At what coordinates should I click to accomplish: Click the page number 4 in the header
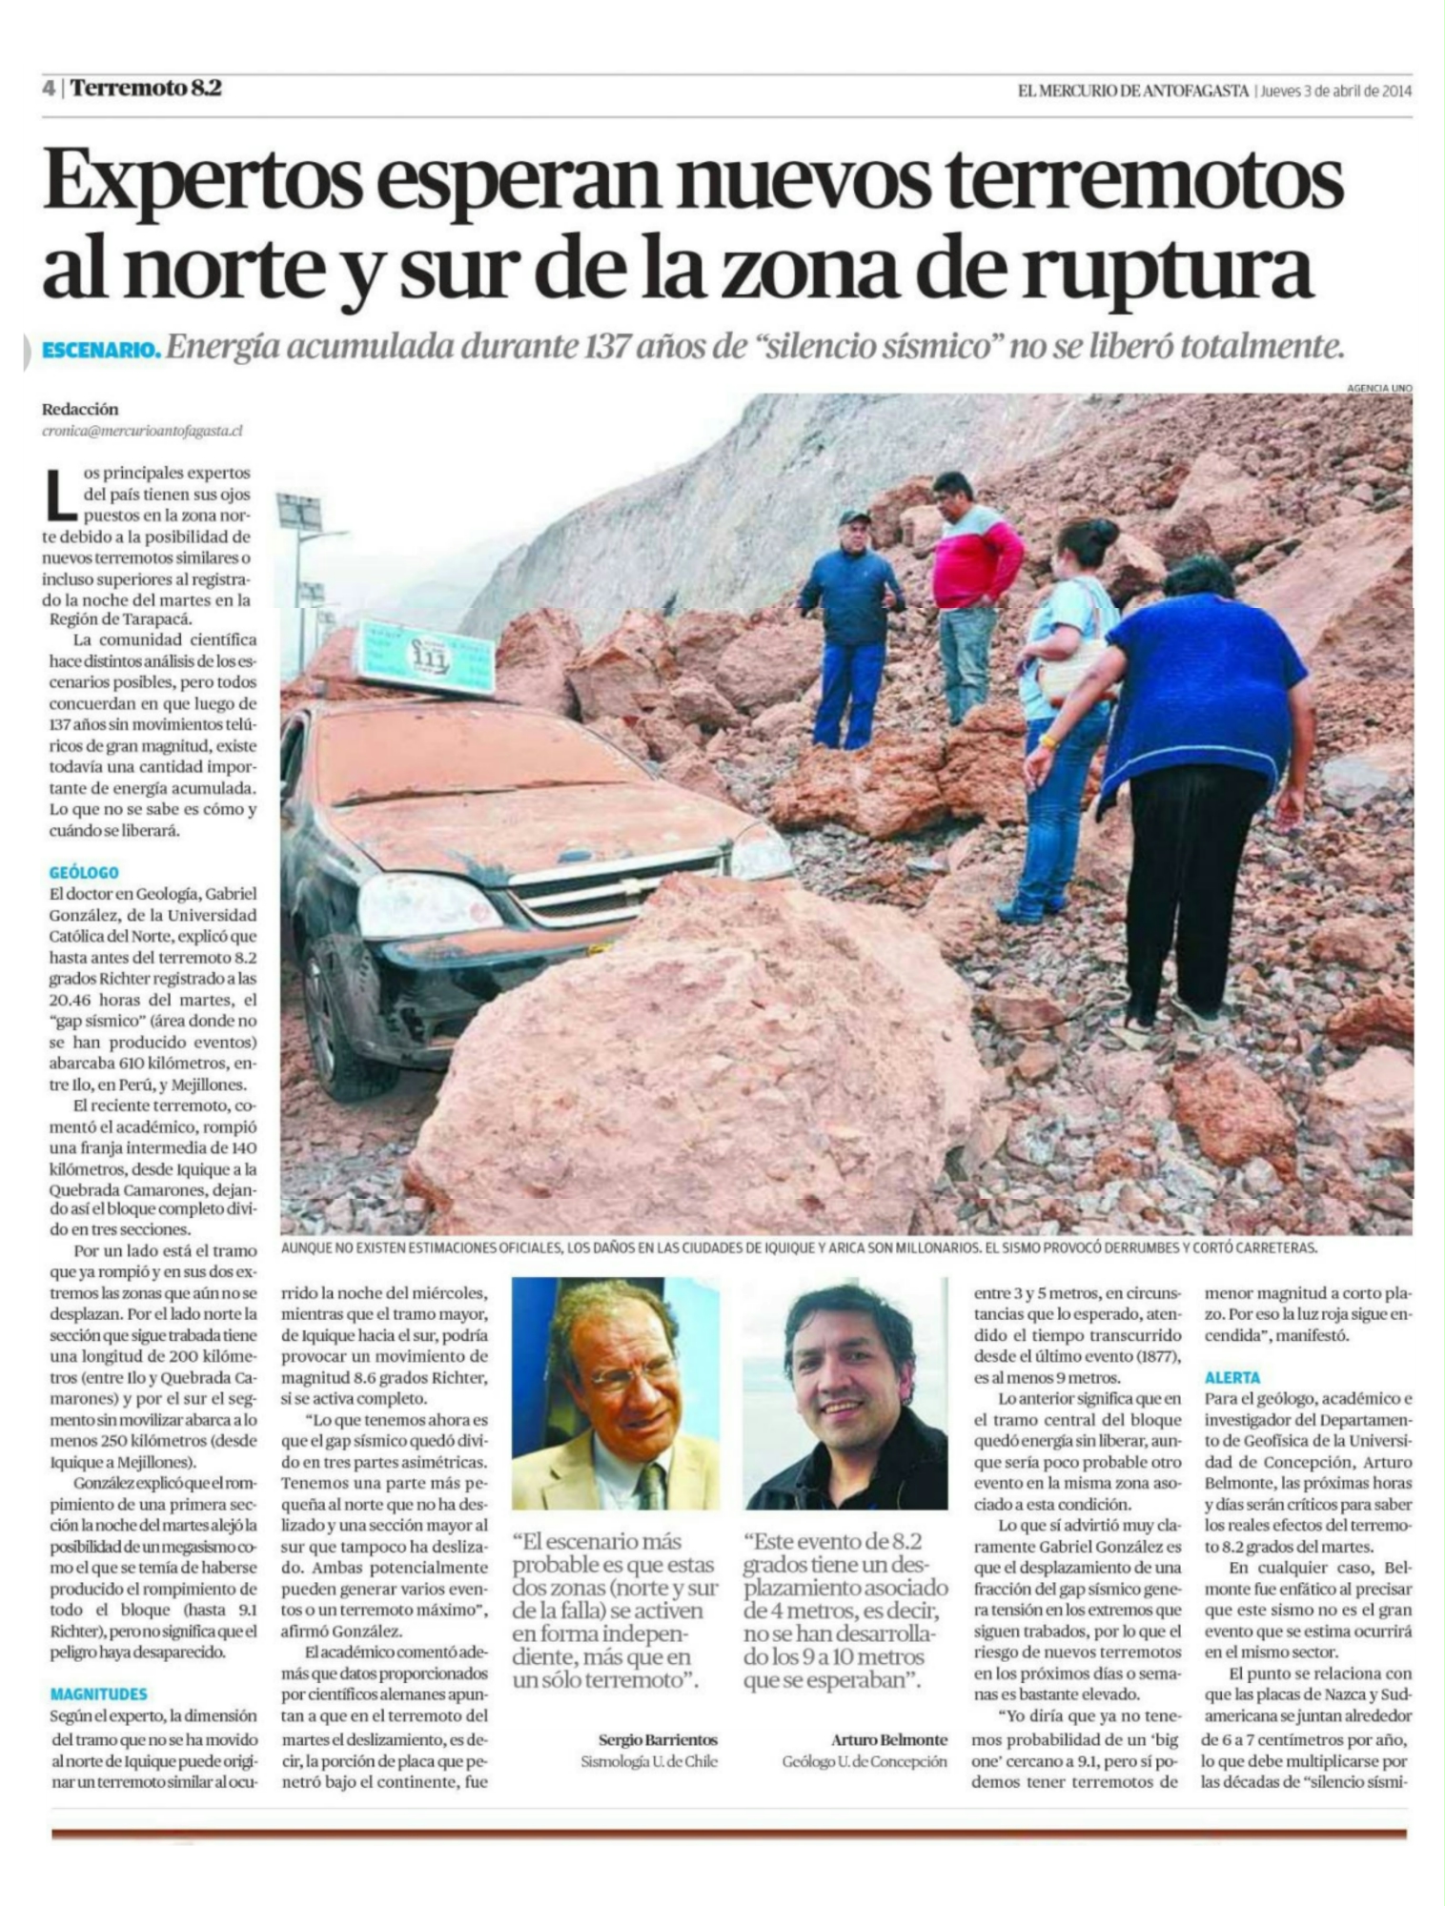(x=48, y=88)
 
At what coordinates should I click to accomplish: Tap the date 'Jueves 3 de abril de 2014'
(x=1334, y=91)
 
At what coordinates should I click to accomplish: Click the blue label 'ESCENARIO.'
(x=101, y=351)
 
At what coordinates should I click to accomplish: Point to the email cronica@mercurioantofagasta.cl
(x=142, y=431)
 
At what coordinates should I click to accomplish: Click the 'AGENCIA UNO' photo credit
(x=1378, y=388)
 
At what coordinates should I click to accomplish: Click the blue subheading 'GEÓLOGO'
(x=84, y=872)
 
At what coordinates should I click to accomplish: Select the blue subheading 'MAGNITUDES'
(x=98, y=1693)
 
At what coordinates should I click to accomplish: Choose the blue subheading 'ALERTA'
(x=1231, y=1377)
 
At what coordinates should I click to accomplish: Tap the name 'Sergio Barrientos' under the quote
(x=658, y=1740)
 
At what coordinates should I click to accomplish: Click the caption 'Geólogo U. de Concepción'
(x=865, y=1761)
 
